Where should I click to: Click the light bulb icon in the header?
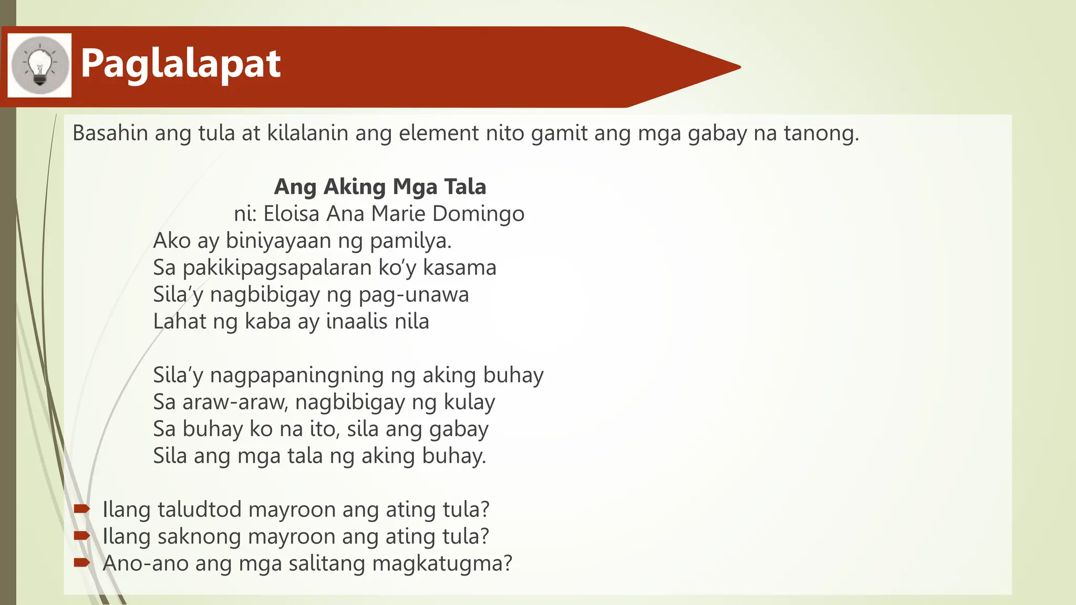[40, 66]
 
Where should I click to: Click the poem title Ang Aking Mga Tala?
[380, 186]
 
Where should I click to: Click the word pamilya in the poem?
[410, 241]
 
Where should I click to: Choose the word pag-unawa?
[413, 295]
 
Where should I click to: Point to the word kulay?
[469, 402]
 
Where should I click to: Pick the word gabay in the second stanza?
[459, 430]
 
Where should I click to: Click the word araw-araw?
[234, 402]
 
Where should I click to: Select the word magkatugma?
[441, 564]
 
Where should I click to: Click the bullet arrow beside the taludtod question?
[82, 508]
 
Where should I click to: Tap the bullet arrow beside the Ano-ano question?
[82, 562]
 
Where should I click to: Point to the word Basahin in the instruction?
[110, 133]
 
